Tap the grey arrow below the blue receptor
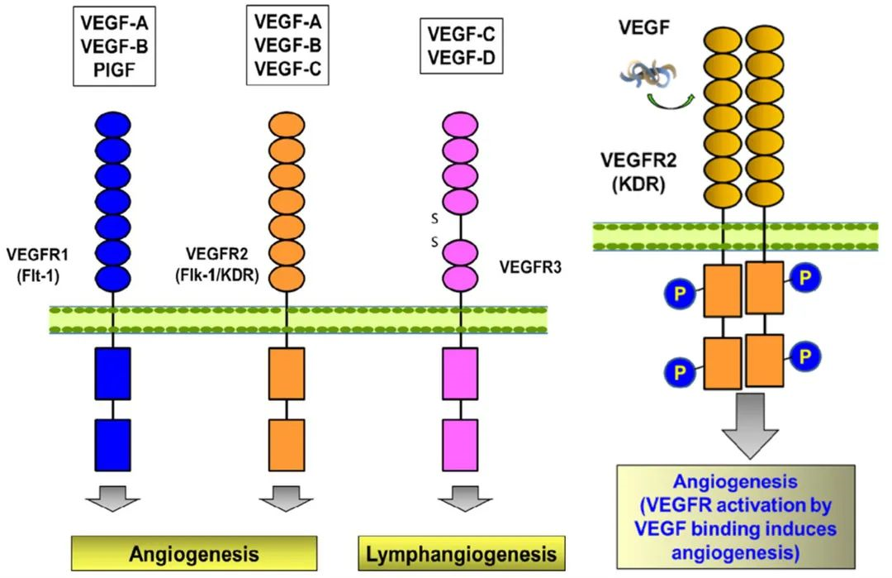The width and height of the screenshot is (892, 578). click(113, 499)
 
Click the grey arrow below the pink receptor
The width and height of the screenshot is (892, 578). click(461, 499)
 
